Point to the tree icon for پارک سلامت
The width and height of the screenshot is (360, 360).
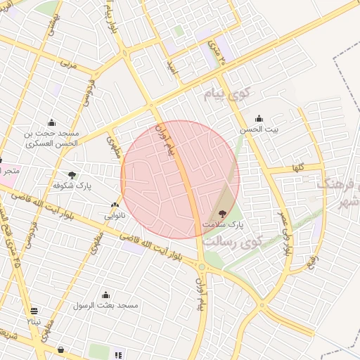point(223,213)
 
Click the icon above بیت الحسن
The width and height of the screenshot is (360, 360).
point(259,118)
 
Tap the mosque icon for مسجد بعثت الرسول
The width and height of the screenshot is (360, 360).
point(105,295)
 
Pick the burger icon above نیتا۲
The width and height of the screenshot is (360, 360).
point(34,311)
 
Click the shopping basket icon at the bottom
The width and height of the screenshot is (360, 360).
point(61,349)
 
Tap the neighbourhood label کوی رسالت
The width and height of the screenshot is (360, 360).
point(233,240)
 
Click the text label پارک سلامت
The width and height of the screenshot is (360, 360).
point(222,224)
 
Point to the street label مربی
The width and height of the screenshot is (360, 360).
point(67,63)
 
